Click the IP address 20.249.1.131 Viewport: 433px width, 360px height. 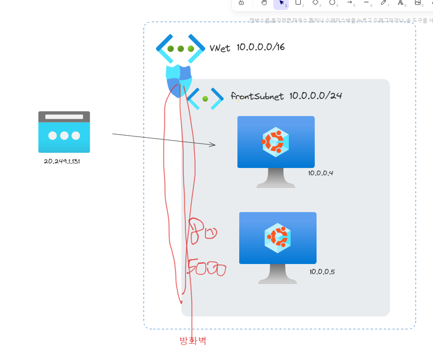(62, 162)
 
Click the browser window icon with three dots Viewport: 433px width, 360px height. (64, 132)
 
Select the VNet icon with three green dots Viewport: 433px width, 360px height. (181, 48)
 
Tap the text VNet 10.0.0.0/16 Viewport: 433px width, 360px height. (247, 47)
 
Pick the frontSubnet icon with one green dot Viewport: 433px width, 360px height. (205, 98)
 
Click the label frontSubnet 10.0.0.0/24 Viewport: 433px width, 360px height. (286, 96)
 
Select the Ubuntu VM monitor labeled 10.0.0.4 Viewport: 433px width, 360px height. (276, 150)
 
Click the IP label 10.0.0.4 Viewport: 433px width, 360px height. (321, 173)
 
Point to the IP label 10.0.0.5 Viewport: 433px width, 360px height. (322, 272)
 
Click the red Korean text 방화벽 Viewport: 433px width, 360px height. (193, 340)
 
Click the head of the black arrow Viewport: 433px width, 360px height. (212, 145)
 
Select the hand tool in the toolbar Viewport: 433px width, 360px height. (264, 2)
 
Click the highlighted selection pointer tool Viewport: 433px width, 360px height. (281, 3)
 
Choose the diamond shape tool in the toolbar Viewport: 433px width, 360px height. (315, 2)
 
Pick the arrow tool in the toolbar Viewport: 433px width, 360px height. (349, 2)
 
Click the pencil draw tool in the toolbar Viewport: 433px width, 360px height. (383, 2)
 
